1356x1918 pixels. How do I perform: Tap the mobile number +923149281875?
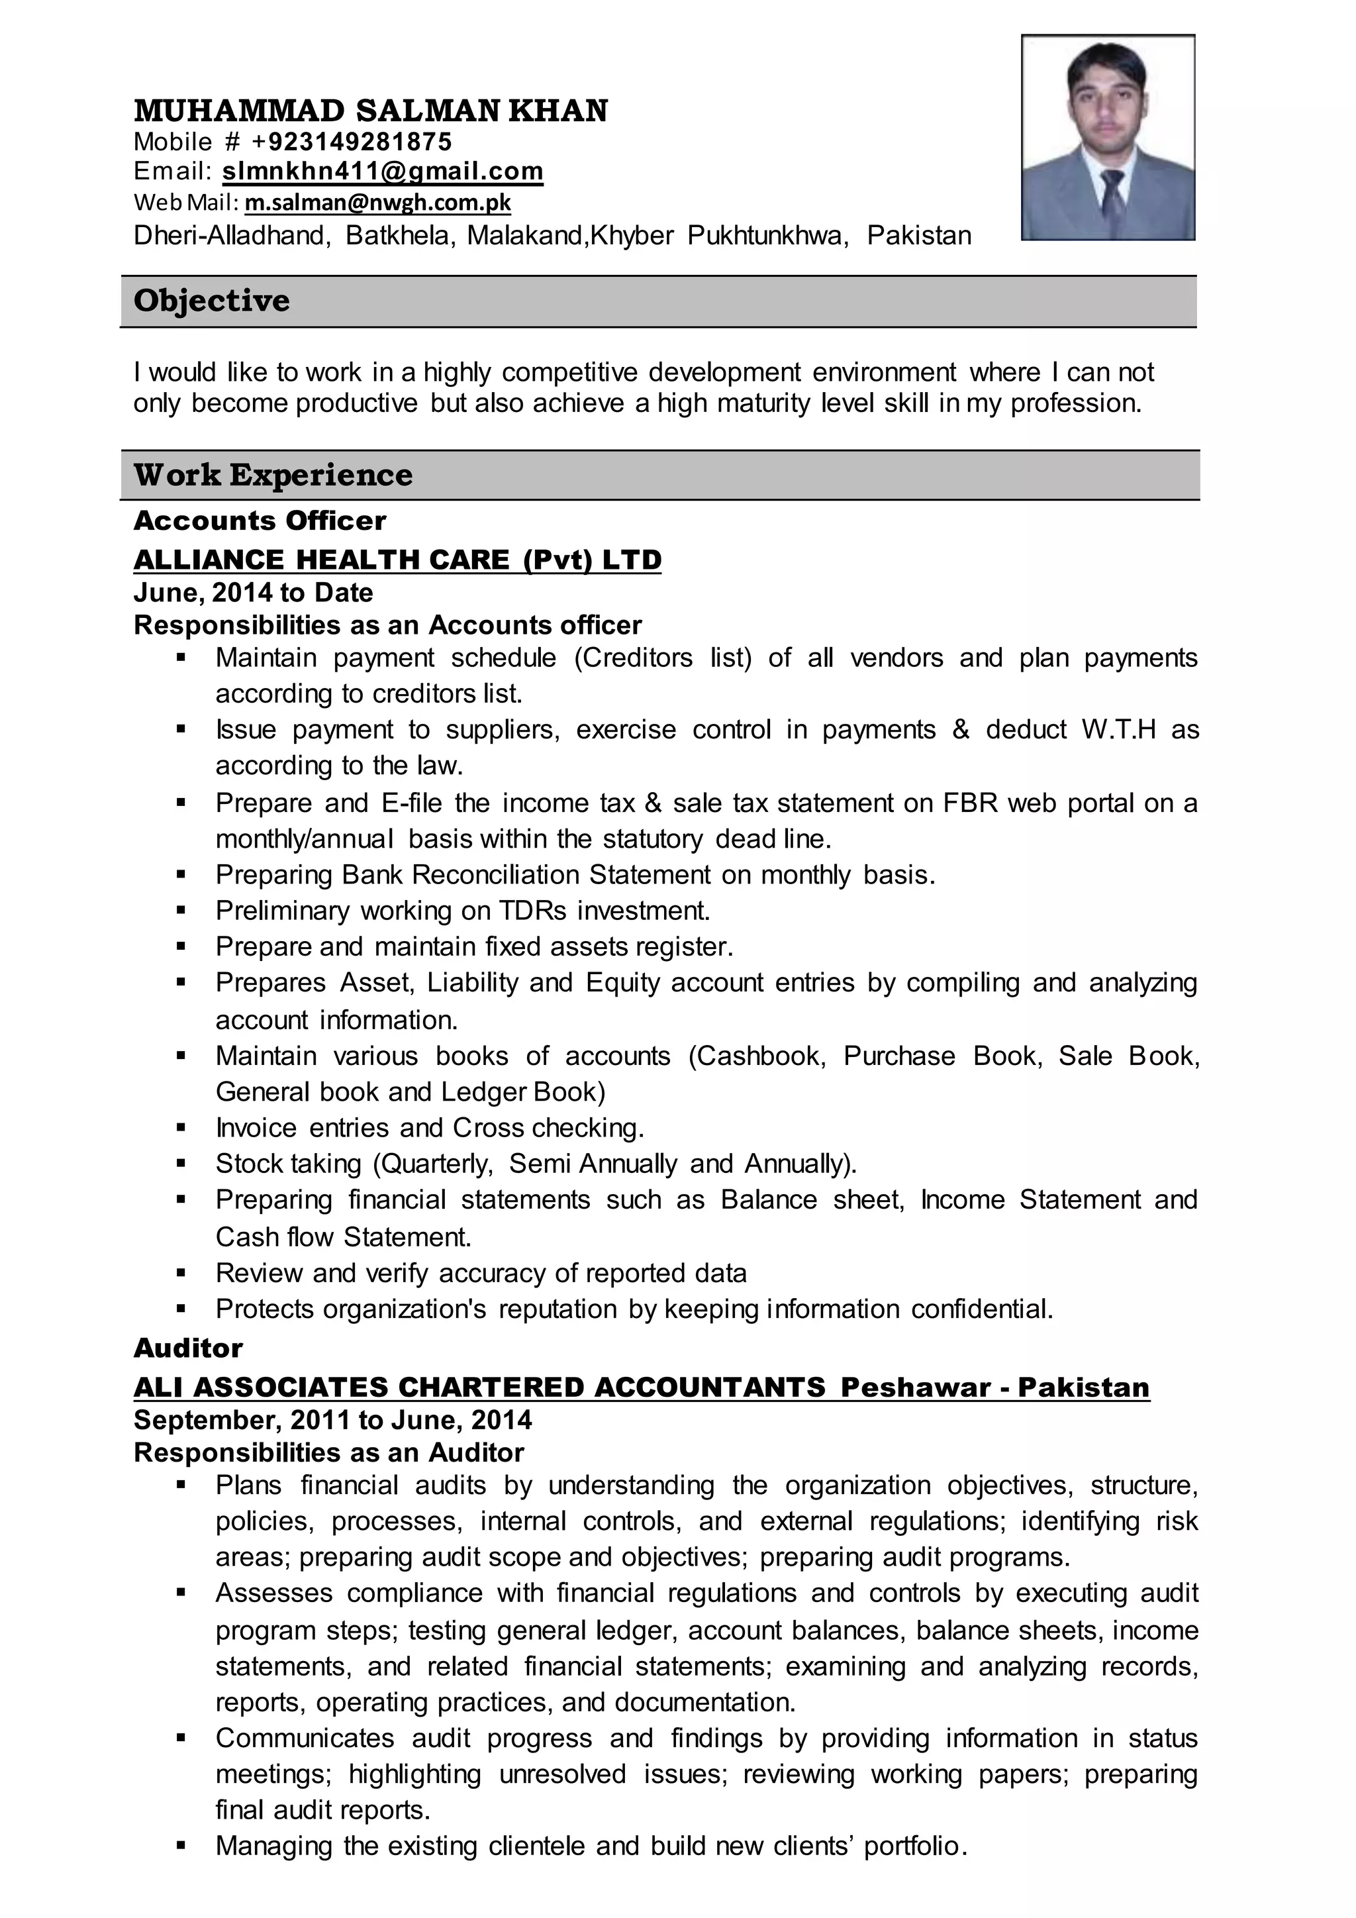click(x=352, y=141)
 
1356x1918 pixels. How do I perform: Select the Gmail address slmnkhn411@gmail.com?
click(x=383, y=172)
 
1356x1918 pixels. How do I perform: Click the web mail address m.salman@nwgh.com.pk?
click(x=377, y=202)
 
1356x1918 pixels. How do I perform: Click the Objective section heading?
click(x=211, y=301)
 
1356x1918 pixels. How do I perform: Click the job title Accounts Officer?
click(x=260, y=521)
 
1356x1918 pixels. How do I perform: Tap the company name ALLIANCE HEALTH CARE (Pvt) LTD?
click(x=397, y=559)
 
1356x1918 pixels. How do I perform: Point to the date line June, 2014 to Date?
click(x=253, y=592)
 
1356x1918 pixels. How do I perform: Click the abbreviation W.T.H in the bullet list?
click(x=1118, y=730)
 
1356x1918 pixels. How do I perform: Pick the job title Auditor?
click(x=188, y=1348)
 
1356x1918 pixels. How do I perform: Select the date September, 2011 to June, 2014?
click(x=332, y=1419)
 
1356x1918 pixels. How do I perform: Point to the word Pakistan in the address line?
click(x=918, y=236)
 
